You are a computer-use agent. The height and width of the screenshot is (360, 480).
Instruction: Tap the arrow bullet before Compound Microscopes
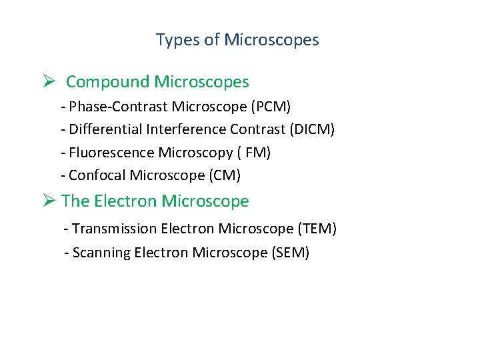pos(48,82)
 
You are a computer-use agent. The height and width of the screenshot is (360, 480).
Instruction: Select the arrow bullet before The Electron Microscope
pos(48,201)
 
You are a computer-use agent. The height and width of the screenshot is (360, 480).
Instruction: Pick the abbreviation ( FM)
pos(254,153)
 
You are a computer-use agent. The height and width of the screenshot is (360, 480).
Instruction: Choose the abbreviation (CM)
pos(225,175)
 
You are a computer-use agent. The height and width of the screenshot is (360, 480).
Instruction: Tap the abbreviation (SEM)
pos(291,253)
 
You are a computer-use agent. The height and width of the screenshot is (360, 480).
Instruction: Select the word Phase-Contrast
pos(118,107)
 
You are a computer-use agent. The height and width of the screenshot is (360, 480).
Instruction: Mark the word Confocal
pos(97,175)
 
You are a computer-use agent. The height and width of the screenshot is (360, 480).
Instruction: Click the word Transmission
pos(114,229)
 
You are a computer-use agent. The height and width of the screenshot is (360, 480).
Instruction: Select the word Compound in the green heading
pos(108,82)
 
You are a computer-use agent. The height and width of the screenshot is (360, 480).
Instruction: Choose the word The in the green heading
pos(75,201)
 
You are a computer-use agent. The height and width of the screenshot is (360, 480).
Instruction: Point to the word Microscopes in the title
pos(271,40)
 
